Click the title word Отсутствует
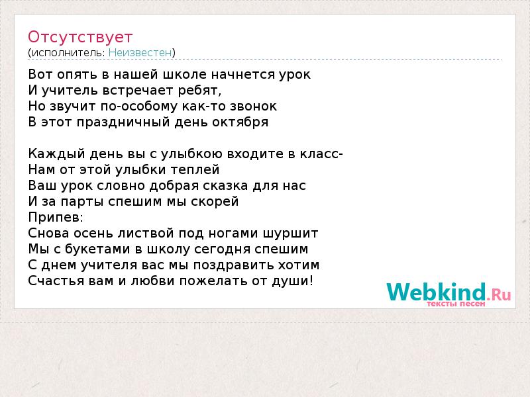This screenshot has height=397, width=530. pyautogui.click(x=80, y=37)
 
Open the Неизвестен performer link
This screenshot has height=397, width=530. pyautogui.click(x=140, y=53)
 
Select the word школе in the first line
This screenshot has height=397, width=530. pyautogui.click(x=185, y=74)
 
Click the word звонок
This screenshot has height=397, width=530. pyautogui.click(x=253, y=107)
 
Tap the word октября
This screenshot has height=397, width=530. pyautogui.click(x=240, y=122)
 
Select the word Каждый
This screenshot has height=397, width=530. pyautogui.click(x=56, y=154)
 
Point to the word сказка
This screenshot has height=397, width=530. pyautogui.click(x=225, y=186)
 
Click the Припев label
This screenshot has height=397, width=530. pyautogui.click(x=56, y=218)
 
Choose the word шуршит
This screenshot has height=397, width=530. pyautogui.click(x=290, y=234)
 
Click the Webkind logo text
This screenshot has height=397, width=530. pyautogui.click(x=436, y=292)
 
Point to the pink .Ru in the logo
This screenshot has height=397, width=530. pyautogui.click(x=499, y=294)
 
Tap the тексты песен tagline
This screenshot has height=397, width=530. pyautogui.click(x=456, y=304)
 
